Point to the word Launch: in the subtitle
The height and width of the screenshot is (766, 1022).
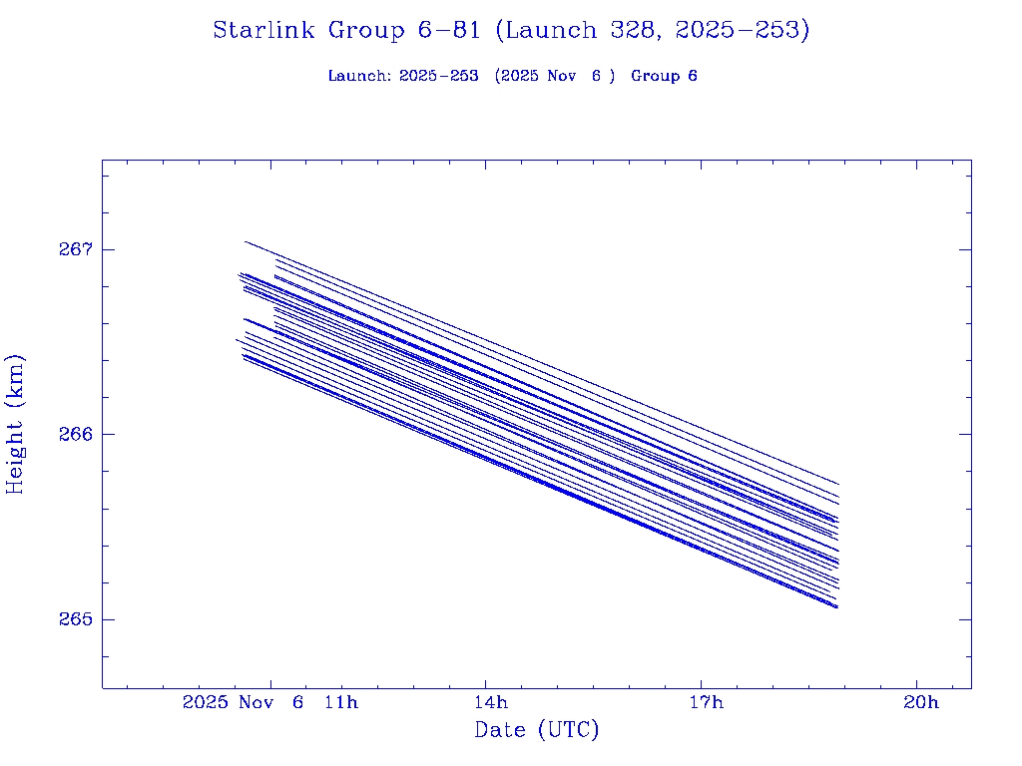[x=359, y=76]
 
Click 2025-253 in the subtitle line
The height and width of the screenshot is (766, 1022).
[x=438, y=76]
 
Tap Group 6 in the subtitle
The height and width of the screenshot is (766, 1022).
[x=664, y=76]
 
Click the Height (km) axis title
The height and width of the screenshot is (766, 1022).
[x=16, y=423]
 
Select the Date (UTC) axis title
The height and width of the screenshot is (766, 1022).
[x=537, y=730]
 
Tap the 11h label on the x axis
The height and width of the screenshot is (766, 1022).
[x=341, y=703]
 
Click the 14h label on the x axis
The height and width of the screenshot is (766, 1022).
[x=486, y=703]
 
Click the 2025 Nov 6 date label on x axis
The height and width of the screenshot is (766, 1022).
[x=244, y=703]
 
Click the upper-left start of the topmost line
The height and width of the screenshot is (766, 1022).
[x=246, y=241]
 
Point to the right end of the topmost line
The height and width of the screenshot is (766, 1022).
[x=837, y=484]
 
